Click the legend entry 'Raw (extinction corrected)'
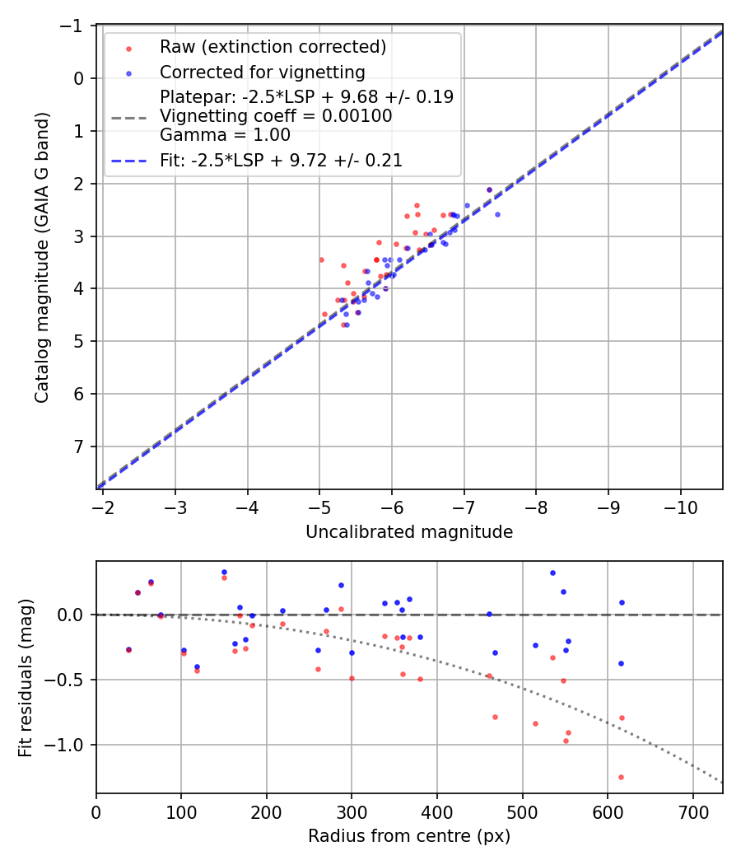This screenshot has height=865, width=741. pos(273,47)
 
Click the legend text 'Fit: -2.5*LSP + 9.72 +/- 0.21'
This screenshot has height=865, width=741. pos(281,161)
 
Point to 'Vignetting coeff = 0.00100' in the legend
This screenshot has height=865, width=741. pos(276,116)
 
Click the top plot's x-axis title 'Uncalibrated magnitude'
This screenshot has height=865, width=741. pos(409,532)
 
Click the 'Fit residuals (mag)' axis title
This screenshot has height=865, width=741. pos(26,677)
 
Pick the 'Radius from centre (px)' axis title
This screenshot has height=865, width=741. pos(409,836)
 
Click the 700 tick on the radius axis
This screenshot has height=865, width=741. pos(692,811)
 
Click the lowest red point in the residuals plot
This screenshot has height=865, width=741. pos(621,777)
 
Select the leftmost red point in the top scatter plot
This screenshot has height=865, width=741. pos(321,259)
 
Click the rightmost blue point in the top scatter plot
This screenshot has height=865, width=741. pos(497,214)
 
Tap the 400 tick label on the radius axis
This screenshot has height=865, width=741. pos(437,811)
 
